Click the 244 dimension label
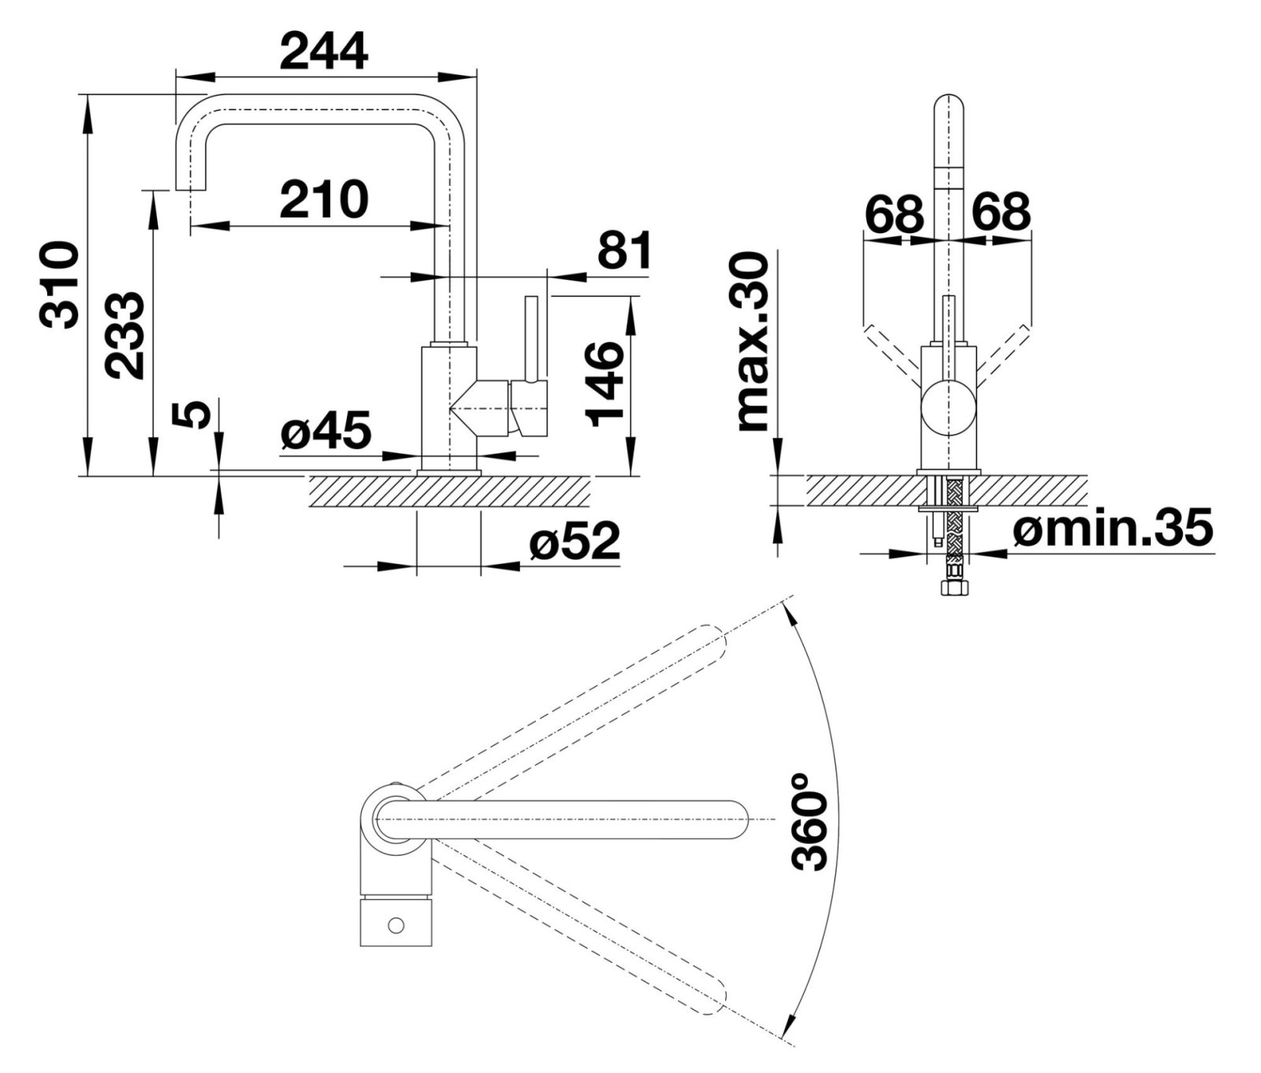[324, 53]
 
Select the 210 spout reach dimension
[324, 200]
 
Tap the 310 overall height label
[60, 285]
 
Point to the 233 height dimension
[126, 336]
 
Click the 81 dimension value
[624, 251]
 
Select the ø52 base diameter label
[575, 542]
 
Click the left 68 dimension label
[894, 211]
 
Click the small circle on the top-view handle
[396, 923]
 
